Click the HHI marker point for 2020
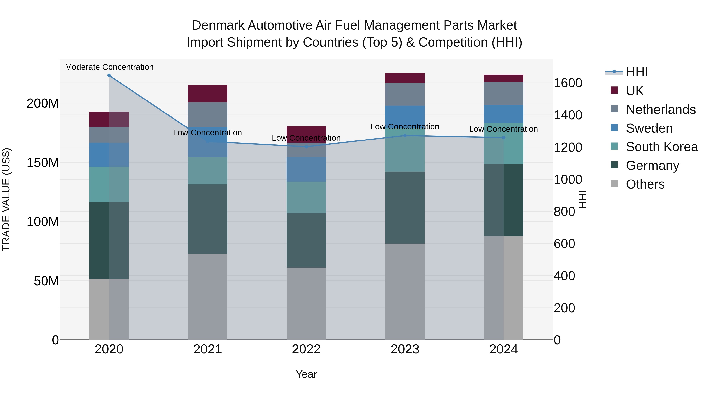click(x=109, y=75)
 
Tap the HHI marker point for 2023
click(x=405, y=136)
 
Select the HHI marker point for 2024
click(x=503, y=137)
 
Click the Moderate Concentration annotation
click(x=109, y=67)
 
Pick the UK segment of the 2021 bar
click(x=208, y=94)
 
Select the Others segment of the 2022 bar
click(x=306, y=303)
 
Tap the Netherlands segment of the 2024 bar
click(x=503, y=93)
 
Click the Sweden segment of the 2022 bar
click(x=306, y=169)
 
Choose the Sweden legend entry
click(x=649, y=128)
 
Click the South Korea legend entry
click(x=662, y=147)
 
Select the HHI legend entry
click(x=637, y=72)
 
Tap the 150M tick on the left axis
click(x=43, y=163)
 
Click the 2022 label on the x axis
click(x=306, y=349)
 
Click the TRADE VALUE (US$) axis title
click(x=6, y=199)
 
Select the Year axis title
click(x=306, y=374)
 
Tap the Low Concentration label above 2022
click(x=306, y=138)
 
